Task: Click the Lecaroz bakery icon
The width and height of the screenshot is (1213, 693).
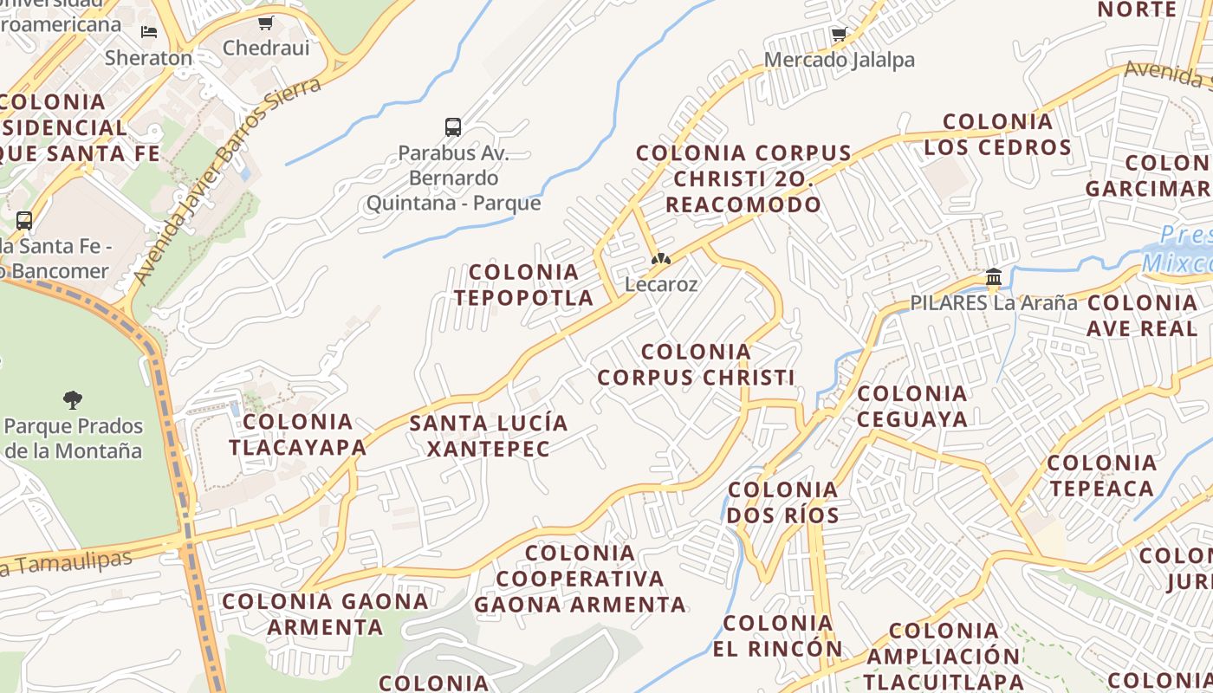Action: click(661, 259)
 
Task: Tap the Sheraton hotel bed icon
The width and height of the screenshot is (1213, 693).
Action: click(149, 32)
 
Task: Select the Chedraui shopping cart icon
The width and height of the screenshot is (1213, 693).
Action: click(265, 23)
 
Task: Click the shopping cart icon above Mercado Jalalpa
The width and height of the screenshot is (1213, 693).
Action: click(838, 35)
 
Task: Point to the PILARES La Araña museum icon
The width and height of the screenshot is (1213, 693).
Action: click(994, 278)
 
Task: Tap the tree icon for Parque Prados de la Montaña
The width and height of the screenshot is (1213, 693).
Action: click(73, 400)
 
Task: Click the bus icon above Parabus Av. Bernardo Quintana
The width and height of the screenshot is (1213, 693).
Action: click(452, 127)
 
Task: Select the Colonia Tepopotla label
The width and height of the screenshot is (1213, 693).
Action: click(522, 285)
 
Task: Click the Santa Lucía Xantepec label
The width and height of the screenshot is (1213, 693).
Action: click(489, 436)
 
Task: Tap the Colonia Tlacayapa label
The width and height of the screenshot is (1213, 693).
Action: click(297, 435)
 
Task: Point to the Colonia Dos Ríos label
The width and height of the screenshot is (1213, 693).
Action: click(783, 502)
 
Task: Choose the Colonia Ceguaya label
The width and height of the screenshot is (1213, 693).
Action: click(912, 406)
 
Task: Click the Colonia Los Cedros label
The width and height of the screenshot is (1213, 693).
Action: click(997, 134)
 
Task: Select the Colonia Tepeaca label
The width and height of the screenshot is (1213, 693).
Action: click(1102, 476)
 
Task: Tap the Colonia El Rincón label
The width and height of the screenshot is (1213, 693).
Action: click(777, 636)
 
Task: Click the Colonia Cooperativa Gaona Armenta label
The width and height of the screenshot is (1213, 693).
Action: click(580, 578)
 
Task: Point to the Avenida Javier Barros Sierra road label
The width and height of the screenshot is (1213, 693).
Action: click(226, 180)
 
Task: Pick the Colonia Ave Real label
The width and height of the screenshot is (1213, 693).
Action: click(1142, 315)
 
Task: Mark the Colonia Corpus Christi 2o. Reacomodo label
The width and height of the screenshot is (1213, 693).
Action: click(743, 179)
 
